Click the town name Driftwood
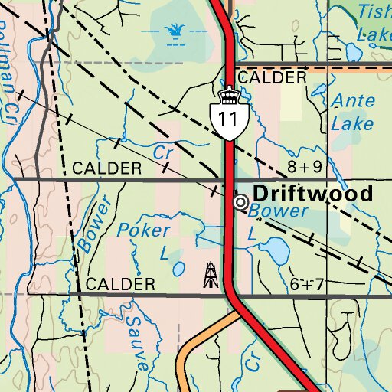(313, 193)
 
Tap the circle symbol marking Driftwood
(240, 201)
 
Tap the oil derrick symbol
(210, 274)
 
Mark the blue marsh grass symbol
(176, 31)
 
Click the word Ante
(351, 101)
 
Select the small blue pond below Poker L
(178, 269)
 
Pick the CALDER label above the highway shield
(272, 78)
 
